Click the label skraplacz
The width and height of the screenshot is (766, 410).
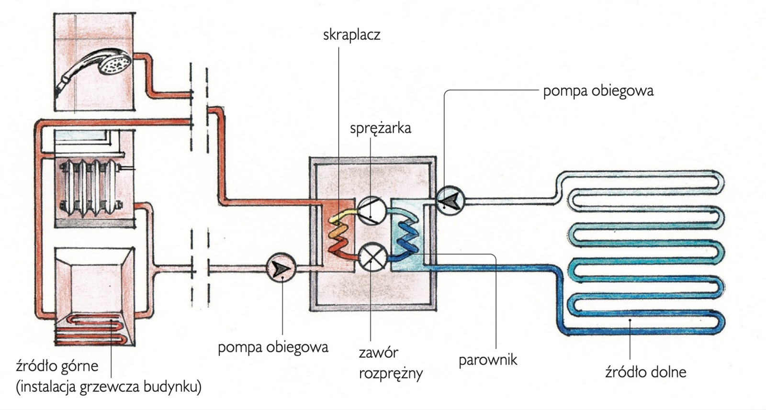(351, 35)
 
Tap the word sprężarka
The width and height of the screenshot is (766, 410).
(380, 128)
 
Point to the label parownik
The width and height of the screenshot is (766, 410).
(488, 359)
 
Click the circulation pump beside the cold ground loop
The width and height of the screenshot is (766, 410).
(450, 200)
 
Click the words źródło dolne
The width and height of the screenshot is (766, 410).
(645, 372)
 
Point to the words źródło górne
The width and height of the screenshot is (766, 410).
(57, 366)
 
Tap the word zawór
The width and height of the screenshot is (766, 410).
(378, 353)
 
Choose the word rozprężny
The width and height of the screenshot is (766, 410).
(391, 374)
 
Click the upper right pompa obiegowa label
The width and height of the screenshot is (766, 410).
(598, 91)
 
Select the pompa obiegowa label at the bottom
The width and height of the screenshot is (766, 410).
(273, 347)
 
